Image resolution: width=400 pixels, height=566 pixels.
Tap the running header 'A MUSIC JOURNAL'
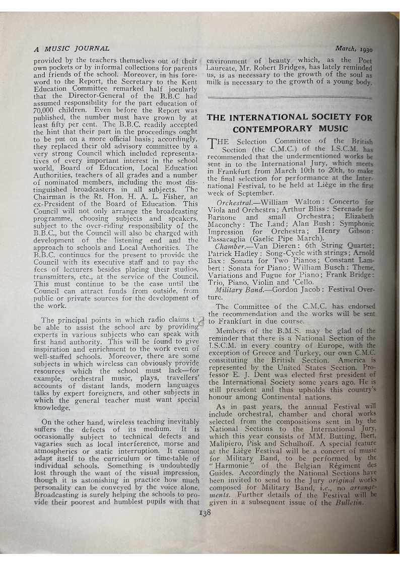coord(71,49)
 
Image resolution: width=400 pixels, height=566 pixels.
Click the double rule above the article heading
coord(290,97)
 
